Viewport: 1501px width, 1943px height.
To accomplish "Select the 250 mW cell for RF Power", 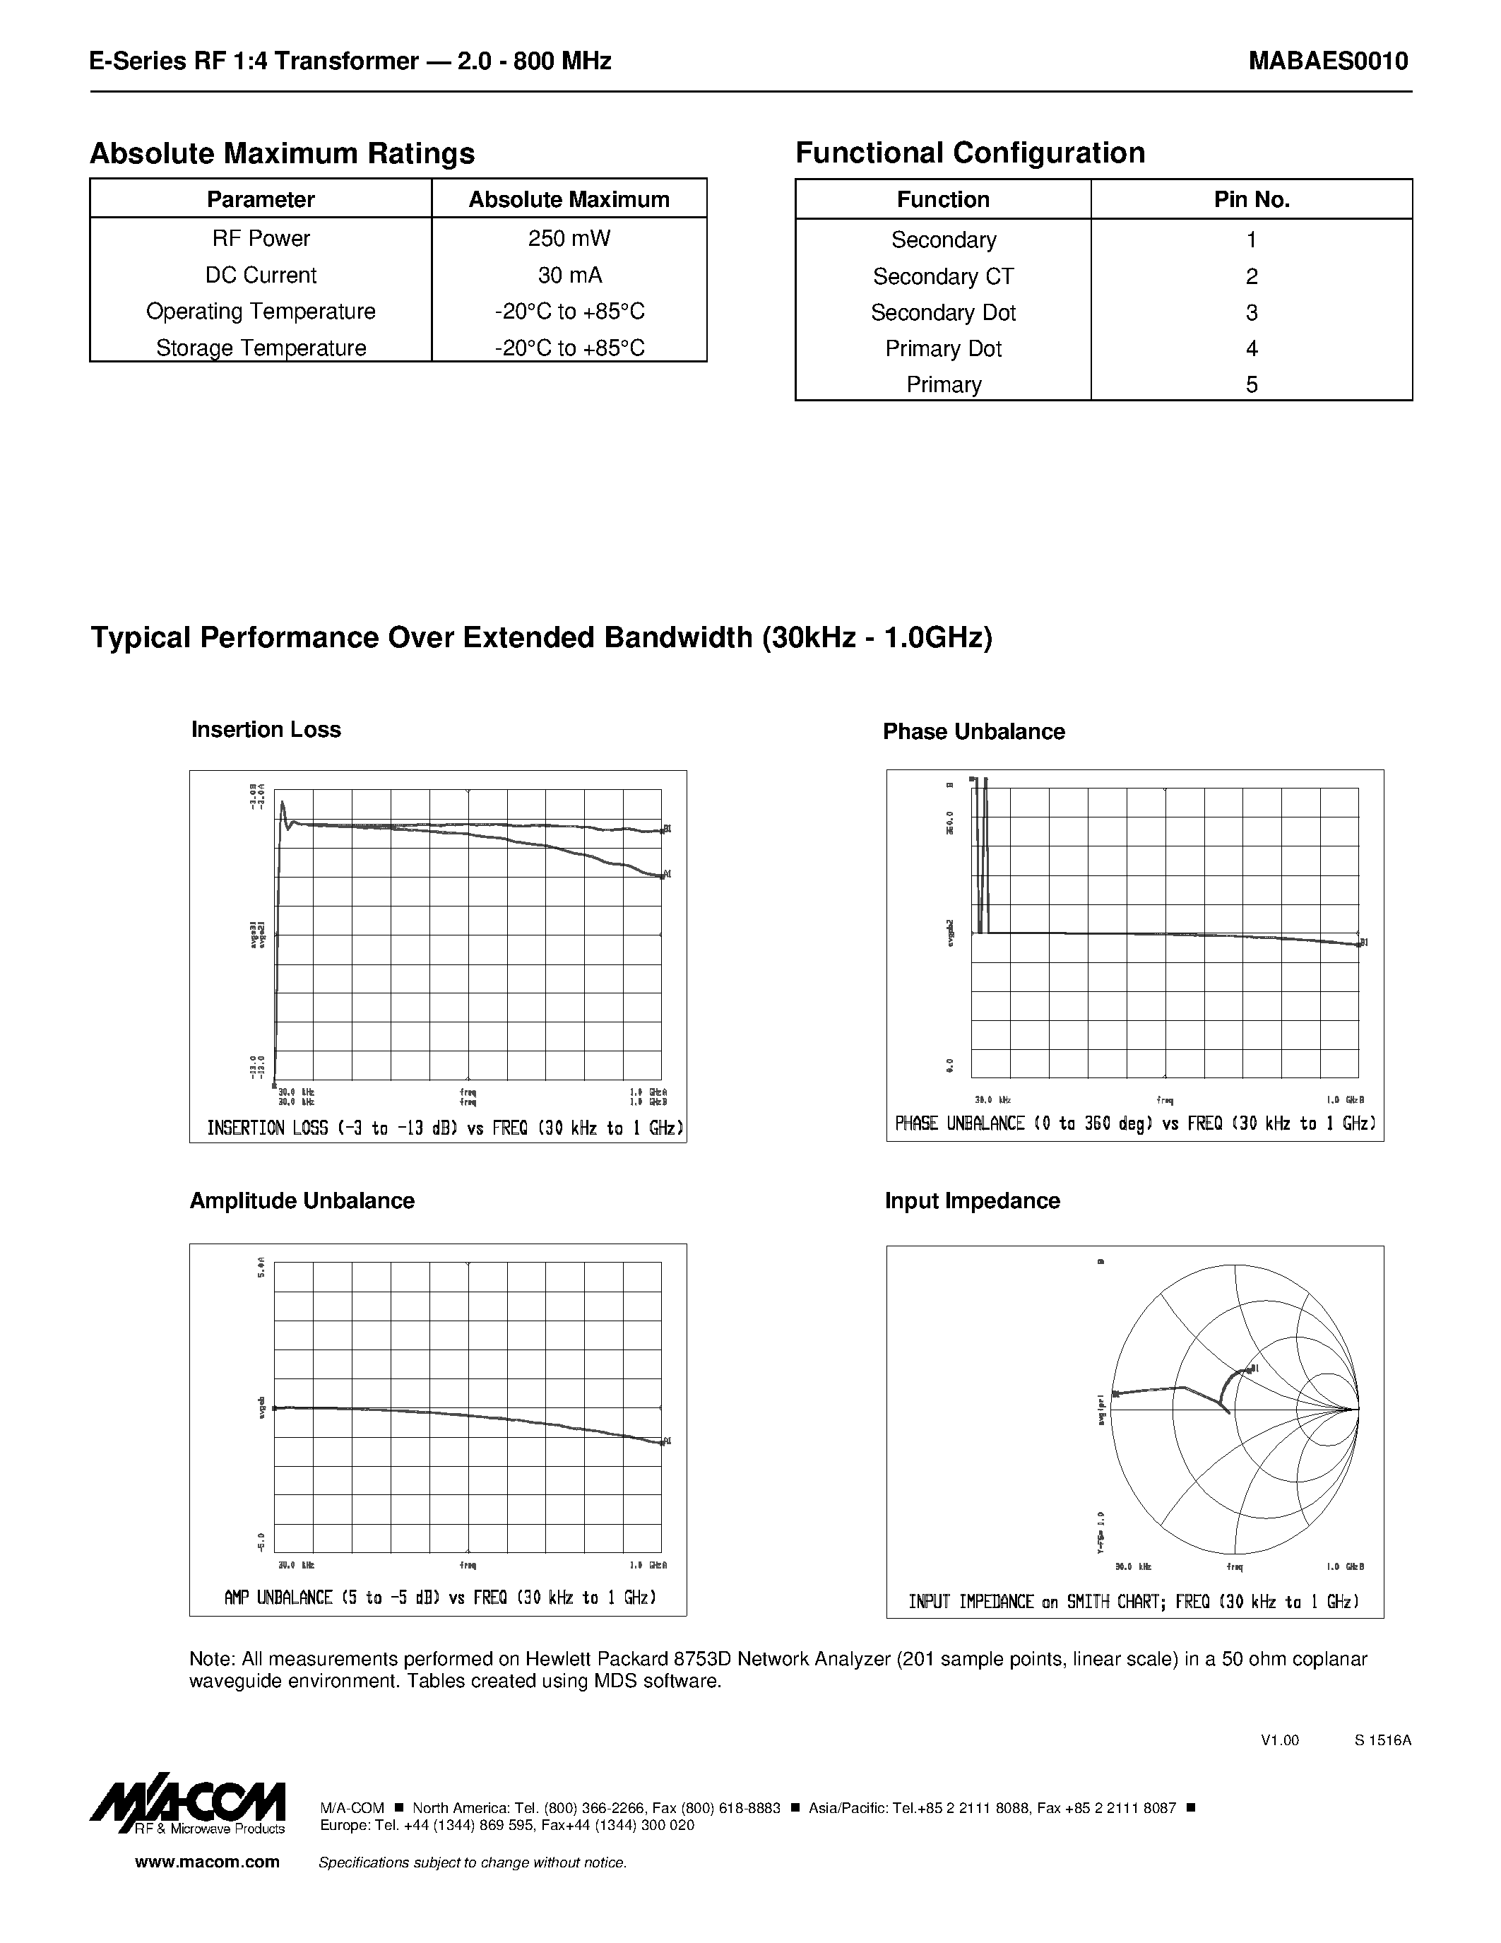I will (x=569, y=238).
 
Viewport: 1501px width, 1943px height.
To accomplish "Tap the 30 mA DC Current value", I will (x=569, y=275).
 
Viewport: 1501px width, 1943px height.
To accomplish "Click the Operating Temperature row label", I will (x=261, y=312).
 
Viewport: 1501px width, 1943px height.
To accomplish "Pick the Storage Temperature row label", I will (x=261, y=348).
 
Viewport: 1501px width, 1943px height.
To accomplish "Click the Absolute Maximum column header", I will (x=569, y=199).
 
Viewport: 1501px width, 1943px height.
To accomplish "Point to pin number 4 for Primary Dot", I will (x=1251, y=349).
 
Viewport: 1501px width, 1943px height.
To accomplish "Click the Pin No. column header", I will (x=1251, y=199).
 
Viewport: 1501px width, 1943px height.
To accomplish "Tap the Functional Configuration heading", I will (x=969, y=153).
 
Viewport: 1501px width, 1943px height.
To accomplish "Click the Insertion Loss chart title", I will (x=266, y=730).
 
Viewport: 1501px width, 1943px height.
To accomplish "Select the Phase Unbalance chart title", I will (x=973, y=731).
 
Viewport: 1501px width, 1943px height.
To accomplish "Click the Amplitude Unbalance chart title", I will (x=302, y=1200).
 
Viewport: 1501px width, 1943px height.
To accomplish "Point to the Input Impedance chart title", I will (x=972, y=1200).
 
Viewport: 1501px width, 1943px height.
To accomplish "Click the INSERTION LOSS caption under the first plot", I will (x=444, y=1128).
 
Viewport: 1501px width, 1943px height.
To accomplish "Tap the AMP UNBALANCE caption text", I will (x=440, y=1597).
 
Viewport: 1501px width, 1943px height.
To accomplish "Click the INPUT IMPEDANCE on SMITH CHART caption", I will (x=1134, y=1601).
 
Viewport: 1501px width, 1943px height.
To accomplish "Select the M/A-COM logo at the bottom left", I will (x=189, y=1806).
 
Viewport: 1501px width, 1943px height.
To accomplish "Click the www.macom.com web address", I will (x=207, y=1862).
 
